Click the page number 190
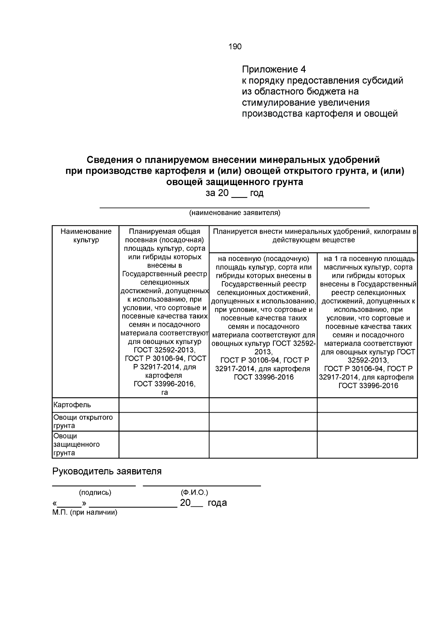pyautogui.click(x=235, y=47)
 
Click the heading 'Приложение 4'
pyautogui.click(x=274, y=69)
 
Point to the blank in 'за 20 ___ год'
pyautogui.click(x=239, y=194)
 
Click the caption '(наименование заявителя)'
pyautogui.click(x=234, y=213)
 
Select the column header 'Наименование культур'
pyautogui.click(x=86, y=236)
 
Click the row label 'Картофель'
pyautogui.click(x=72, y=405)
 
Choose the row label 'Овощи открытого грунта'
pyautogui.click(x=83, y=421)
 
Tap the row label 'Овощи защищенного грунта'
pyautogui.click(x=76, y=444)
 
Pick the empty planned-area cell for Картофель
pyautogui.click(x=164, y=405)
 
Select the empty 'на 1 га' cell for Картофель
pyautogui.click(x=367, y=405)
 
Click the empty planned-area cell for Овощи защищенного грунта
pyautogui.click(x=164, y=444)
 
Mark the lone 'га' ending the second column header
pyautogui.click(x=165, y=393)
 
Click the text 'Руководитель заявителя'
pyautogui.click(x=107, y=471)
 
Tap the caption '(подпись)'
pyautogui.click(x=95, y=493)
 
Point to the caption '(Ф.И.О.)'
pyautogui.click(x=194, y=493)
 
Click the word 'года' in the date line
pyautogui.click(x=217, y=503)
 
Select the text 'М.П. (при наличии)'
pyautogui.click(x=85, y=513)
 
